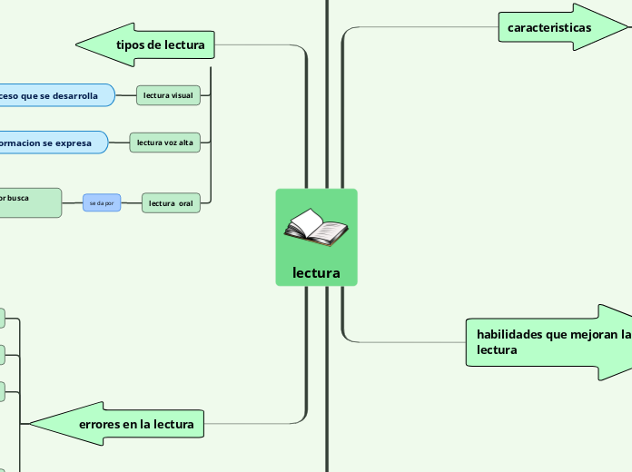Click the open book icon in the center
[x=315, y=227]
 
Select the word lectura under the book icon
[x=316, y=272]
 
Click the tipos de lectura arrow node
[x=160, y=44]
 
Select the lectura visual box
[x=168, y=95]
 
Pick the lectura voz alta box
[x=164, y=143]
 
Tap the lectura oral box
[x=171, y=203]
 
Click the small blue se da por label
[x=101, y=203]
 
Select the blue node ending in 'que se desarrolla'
[x=54, y=95]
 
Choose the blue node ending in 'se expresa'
[x=51, y=143]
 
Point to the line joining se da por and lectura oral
[x=132, y=203]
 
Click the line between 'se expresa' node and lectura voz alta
[x=119, y=143]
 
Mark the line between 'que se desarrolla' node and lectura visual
[x=126, y=95]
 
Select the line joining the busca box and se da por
[x=72, y=203]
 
